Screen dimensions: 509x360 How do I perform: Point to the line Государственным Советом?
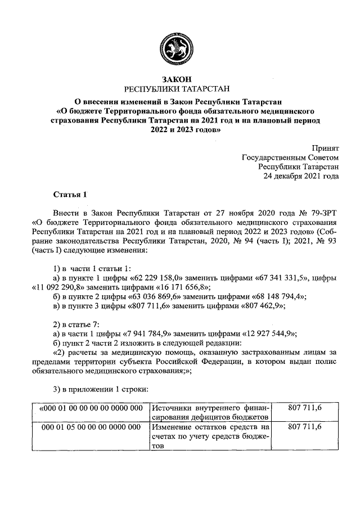[x=290, y=157]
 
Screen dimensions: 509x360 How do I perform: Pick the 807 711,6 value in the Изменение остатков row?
[x=304, y=428]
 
